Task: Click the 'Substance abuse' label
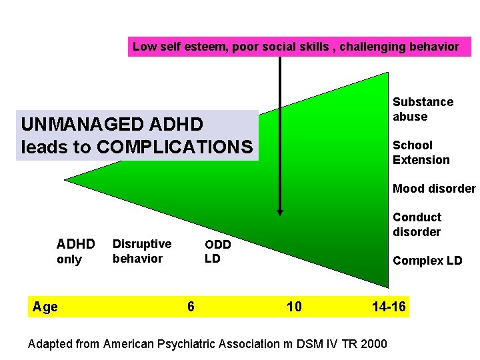click(423, 109)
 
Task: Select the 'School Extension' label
click(421, 153)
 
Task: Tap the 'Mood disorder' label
click(434, 189)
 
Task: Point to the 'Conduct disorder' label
click(417, 225)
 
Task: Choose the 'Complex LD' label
click(427, 261)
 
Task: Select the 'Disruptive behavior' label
click(141, 251)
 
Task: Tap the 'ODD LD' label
click(217, 251)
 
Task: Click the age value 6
click(191, 307)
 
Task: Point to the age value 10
click(294, 307)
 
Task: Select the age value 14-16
click(389, 307)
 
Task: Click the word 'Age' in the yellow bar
click(45, 307)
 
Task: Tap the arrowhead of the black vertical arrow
click(280, 212)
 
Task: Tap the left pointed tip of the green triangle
click(66, 179)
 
